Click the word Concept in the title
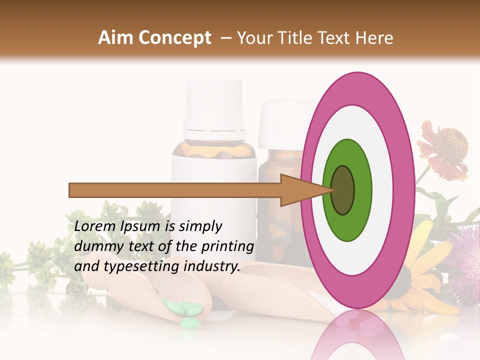(174, 38)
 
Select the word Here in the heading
(374, 38)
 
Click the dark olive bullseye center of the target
(342, 190)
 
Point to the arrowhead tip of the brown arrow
(332, 190)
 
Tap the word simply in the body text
(200, 226)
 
